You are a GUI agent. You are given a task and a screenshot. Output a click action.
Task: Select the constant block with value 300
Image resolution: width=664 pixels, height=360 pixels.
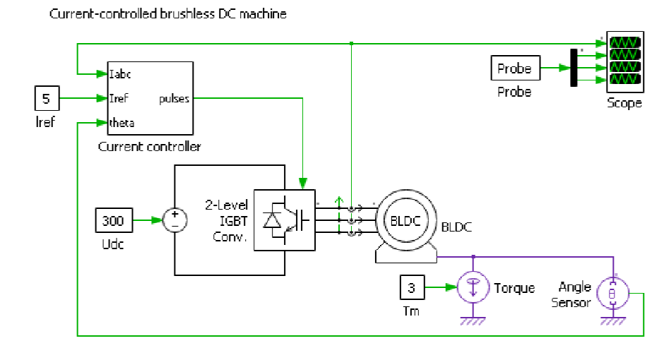113,220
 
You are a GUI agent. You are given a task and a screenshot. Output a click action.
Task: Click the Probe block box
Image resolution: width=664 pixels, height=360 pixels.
515,69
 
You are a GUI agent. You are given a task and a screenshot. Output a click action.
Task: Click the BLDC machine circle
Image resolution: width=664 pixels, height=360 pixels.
405,220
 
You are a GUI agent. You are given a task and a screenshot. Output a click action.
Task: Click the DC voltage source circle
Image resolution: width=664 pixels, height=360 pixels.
174,220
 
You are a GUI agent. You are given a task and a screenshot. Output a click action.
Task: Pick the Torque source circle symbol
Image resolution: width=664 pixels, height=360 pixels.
473,288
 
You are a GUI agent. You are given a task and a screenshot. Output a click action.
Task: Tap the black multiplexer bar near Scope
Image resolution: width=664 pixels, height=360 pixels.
574,68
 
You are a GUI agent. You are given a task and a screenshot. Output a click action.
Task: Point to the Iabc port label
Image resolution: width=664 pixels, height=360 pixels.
119,73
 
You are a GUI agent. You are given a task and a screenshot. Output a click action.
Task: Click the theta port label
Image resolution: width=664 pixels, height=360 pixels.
121,123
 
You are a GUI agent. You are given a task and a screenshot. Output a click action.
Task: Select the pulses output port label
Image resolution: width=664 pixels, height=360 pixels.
174,98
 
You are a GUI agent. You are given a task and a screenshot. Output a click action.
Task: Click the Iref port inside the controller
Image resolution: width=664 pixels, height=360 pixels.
119,98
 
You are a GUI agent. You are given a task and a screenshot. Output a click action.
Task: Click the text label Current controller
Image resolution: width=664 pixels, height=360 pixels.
149,147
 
